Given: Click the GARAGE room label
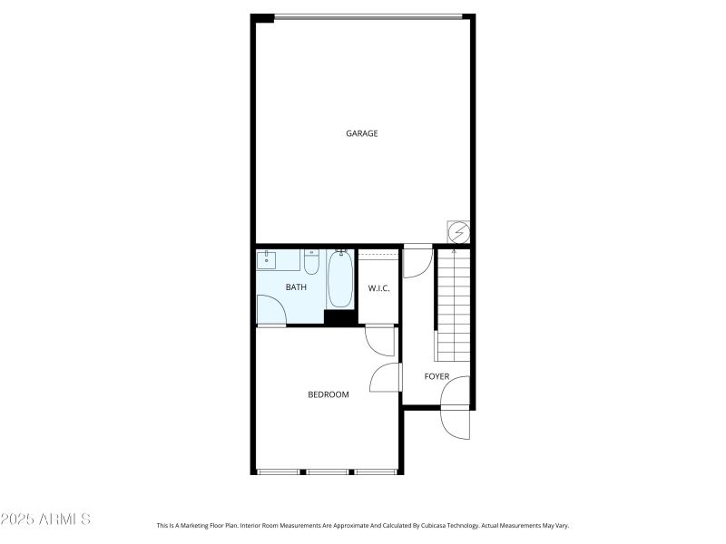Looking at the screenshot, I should tap(361, 133).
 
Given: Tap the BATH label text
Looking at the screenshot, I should tap(296, 287).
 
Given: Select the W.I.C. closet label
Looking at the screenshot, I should tap(378, 288).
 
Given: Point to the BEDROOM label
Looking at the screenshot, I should tap(329, 394).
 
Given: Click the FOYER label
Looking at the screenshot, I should tap(437, 376).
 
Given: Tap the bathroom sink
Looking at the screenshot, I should tap(267, 260).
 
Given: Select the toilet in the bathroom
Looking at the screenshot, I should tap(311, 262).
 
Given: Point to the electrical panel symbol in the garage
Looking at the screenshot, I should tap(459, 232).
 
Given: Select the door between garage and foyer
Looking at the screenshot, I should tap(417, 262).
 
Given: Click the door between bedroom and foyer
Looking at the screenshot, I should tap(387, 377).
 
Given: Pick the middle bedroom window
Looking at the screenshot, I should tap(328, 471).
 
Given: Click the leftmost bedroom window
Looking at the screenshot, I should tap(279, 471).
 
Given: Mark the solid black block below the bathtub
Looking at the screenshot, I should tap(340, 317).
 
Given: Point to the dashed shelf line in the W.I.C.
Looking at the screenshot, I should tap(378, 257).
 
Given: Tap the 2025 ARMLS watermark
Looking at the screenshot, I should tap(45, 520).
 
